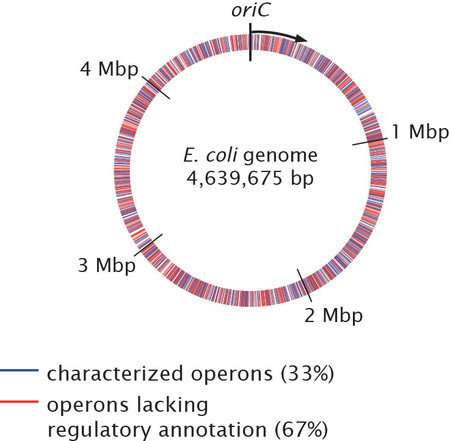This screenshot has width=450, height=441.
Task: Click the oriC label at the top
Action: [x=250, y=10]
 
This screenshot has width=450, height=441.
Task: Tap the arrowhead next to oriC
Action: [x=301, y=38]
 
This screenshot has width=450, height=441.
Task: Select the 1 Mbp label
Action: [x=420, y=132]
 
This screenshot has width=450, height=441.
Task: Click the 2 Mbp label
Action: [x=333, y=315]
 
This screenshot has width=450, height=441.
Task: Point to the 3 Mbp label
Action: [x=107, y=265]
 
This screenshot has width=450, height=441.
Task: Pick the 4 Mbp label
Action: [x=109, y=69]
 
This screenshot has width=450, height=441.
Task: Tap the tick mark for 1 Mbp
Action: [x=370, y=141]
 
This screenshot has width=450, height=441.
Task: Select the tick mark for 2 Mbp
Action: [x=305, y=285]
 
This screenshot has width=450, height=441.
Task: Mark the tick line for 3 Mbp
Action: [x=148, y=245]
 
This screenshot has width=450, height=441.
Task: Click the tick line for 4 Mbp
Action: [x=156, y=88]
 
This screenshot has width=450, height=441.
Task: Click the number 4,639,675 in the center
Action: [x=235, y=179]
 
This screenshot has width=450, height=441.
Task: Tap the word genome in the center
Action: [x=280, y=157]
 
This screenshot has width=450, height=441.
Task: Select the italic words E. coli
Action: [x=211, y=155]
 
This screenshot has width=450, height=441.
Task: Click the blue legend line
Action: [x=19, y=370]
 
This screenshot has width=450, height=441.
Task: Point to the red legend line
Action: [x=19, y=402]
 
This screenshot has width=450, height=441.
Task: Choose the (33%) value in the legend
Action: [x=307, y=374]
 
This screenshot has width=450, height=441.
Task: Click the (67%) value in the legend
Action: [x=301, y=430]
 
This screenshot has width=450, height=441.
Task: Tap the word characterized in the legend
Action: [x=115, y=374]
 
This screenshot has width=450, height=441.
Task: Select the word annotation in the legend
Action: [x=213, y=430]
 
